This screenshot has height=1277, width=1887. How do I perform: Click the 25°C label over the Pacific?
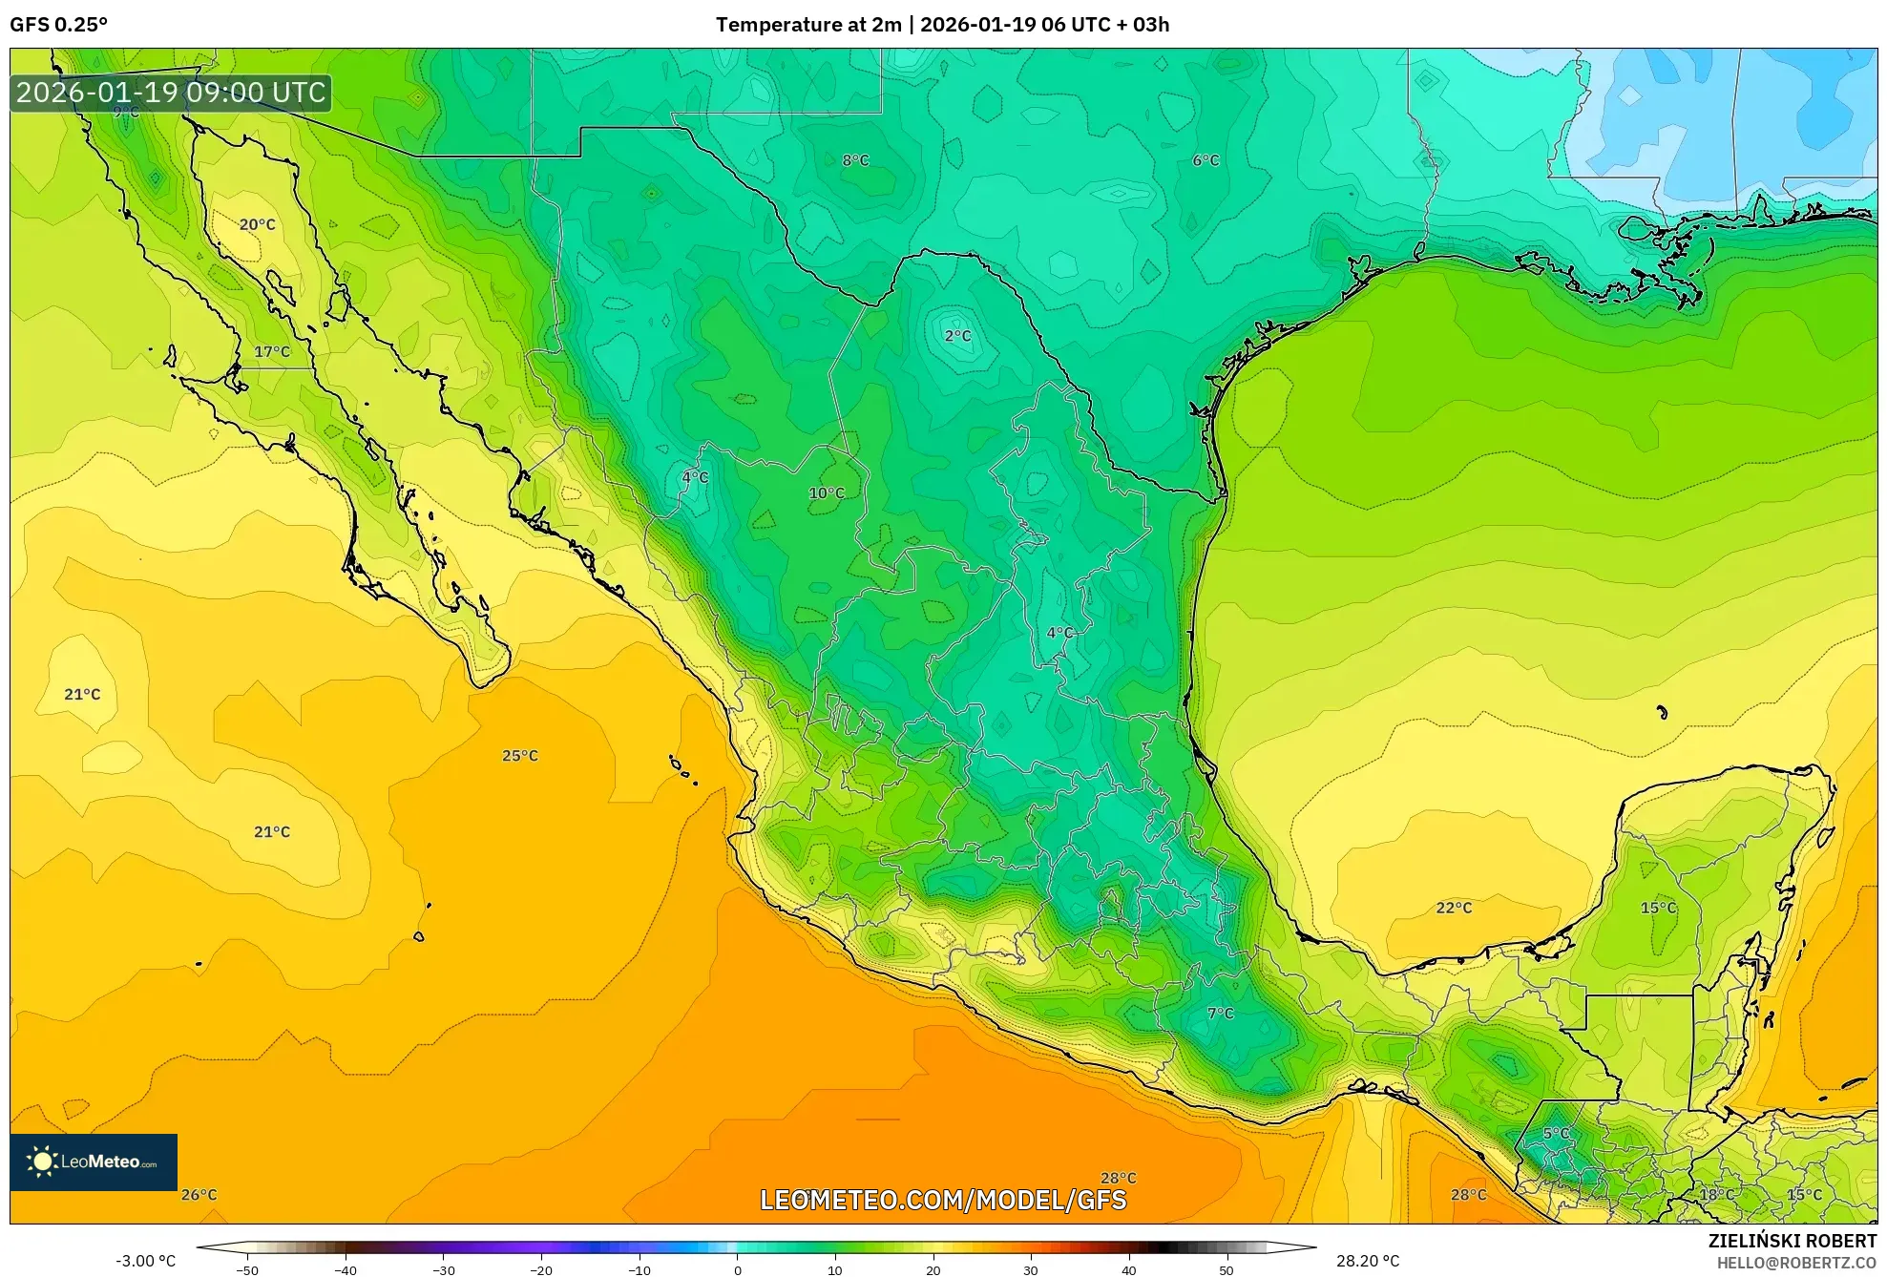pos(520,756)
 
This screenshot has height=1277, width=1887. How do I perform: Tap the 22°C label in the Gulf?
pos(1454,908)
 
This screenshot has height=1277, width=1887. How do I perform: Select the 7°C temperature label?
pos(1220,1014)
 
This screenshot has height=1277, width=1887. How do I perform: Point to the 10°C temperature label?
pos(827,493)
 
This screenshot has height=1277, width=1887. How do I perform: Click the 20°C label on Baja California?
pos(257,225)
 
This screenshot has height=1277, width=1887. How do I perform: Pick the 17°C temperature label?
pos(272,352)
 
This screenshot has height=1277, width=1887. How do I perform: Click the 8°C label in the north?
pos(855,160)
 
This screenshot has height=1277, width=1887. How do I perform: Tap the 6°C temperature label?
pos(1206,160)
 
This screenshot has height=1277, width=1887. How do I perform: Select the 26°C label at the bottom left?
pos(199,1195)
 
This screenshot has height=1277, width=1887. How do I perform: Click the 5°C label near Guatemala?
pos(1556,1134)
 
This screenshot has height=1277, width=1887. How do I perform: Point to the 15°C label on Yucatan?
pos(1658,908)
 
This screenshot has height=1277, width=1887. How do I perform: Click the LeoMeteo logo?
pos(94,1162)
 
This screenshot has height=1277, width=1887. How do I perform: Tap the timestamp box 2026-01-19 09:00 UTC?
pos(171,93)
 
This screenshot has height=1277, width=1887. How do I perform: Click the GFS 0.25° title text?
pos(58,25)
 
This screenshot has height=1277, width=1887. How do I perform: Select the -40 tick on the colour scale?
pos(346,1269)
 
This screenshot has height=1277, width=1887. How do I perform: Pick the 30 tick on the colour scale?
pos(1030,1269)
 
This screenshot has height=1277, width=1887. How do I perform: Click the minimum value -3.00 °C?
pos(145,1261)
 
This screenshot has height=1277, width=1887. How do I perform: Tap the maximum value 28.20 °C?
pos(1367,1261)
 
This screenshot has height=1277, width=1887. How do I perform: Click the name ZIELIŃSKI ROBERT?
pos(1792,1241)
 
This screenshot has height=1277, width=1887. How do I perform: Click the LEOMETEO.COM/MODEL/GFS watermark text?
pos(943,1200)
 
